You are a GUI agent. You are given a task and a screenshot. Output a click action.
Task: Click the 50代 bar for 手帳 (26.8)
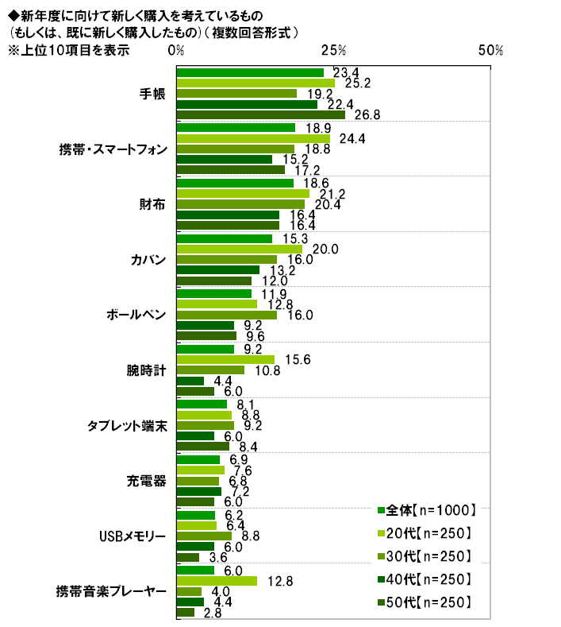pyautogui.click(x=260, y=114)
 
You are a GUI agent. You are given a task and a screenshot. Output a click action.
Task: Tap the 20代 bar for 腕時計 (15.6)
pyautogui.click(x=225, y=359)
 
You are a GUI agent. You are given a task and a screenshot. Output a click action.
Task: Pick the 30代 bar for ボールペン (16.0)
pyautogui.click(x=226, y=315)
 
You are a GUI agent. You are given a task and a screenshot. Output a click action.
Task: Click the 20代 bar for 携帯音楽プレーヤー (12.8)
pyautogui.click(x=216, y=581)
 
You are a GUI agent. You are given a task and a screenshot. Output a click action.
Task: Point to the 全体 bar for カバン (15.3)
pyautogui.click(x=224, y=238)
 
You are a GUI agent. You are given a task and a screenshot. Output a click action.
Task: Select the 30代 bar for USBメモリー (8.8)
pyautogui.click(x=203, y=536)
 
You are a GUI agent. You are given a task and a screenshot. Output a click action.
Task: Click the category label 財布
pyautogui.click(x=152, y=204)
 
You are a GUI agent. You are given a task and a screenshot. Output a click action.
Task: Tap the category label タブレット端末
pyautogui.click(x=126, y=425)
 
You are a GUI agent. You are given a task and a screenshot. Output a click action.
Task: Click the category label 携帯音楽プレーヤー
pyautogui.click(x=110, y=591)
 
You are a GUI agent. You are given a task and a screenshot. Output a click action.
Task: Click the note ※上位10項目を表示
pyautogui.click(x=67, y=49)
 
